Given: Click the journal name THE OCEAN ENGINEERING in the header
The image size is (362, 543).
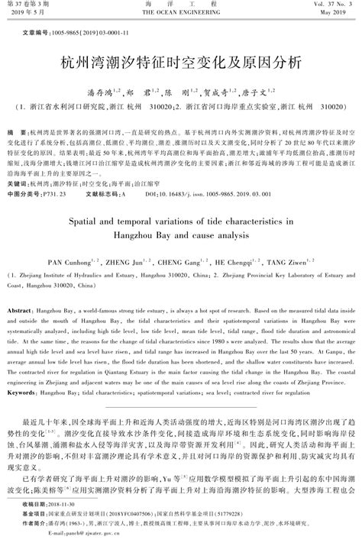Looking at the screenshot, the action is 180,15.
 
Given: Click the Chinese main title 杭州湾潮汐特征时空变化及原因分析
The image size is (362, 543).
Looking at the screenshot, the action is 181,61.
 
